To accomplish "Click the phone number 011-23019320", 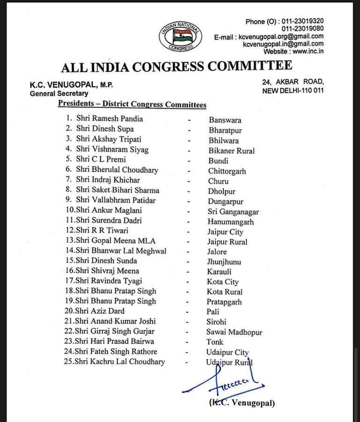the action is click(x=301, y=21).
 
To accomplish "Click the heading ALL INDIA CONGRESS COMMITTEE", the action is click(x=176, y=66).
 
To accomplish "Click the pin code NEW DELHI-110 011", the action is click(x=293, y=90).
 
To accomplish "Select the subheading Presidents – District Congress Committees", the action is click(x=132, y=104).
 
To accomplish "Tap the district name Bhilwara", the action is click(x=223, y=140).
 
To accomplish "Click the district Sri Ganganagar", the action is click(x=233, y=211).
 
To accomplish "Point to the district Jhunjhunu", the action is click(x=224, y=262).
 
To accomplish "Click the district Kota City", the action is click(x=223, y=282).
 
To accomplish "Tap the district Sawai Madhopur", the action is click(x=234, y=332).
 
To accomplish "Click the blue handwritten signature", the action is click(x=225, y=381).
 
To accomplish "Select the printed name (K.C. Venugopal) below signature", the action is click(x=242, y=403).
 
